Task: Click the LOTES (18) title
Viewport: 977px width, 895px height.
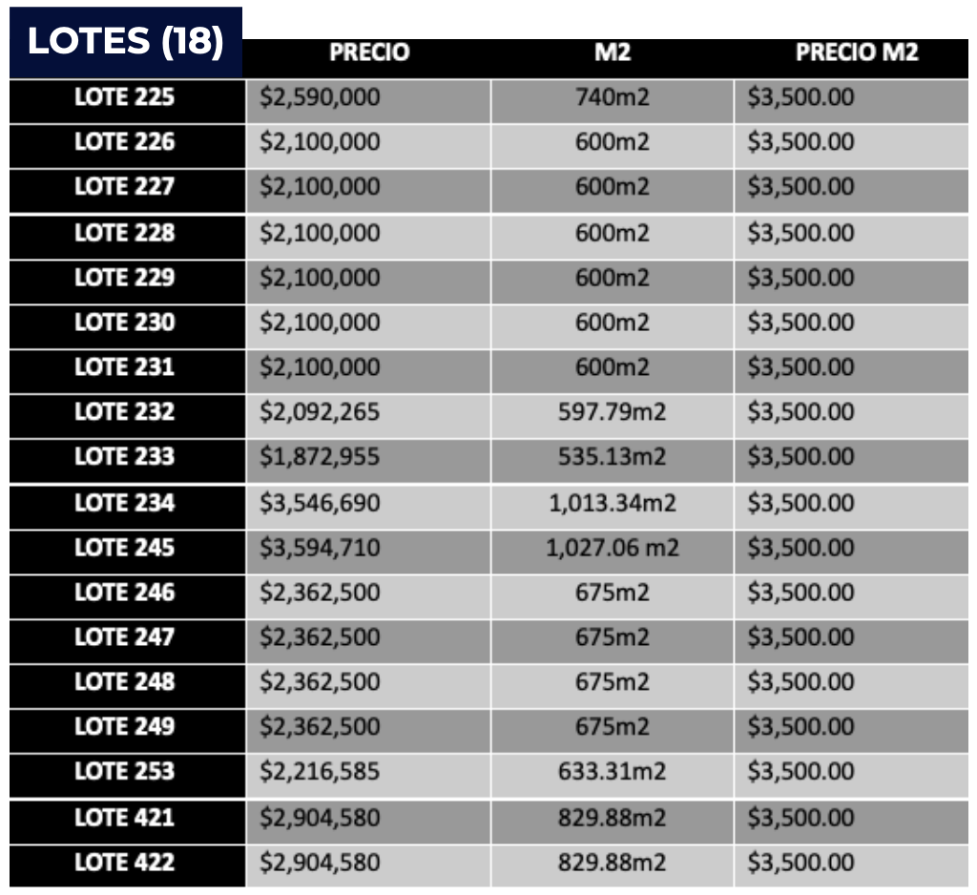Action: [x=125, y=42]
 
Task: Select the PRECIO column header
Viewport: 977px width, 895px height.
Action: [x=369, y=52]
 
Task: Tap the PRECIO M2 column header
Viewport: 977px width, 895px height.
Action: [x=857, y=52]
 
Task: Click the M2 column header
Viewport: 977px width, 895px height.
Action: [x=612, y=52]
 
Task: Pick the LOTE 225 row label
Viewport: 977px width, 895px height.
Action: [x=125, y=97]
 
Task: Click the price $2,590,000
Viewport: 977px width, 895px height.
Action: [x=320, y=97]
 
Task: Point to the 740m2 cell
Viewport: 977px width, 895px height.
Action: [x=612, y=97]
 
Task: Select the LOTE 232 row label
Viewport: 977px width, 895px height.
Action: [x=125, y=412]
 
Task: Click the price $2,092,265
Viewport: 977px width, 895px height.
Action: [x=320, y=412]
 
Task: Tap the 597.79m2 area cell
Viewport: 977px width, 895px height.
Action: [x=612, y=412]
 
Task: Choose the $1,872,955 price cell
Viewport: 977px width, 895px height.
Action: [x=320, y=457]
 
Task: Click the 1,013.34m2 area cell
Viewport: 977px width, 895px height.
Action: [x=612, y=503]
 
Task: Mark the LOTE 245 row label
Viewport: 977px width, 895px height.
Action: [x=125, y=548]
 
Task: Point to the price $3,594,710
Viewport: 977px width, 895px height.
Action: [x=320, y=548]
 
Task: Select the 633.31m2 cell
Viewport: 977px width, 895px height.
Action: [x=612, y=772]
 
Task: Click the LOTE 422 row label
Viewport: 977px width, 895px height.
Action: [x=125, y=863]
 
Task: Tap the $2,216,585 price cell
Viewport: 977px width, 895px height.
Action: [x=320, y=772]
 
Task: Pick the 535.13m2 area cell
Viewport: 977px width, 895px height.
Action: [x=612, y=457]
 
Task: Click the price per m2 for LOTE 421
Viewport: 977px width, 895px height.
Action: [x=800, y=818]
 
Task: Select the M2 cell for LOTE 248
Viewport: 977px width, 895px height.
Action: [x=612, y=682]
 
